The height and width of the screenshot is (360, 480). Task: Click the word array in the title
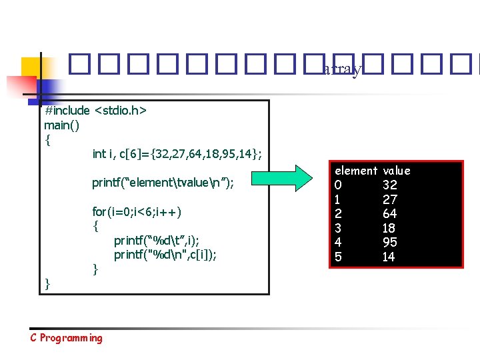(x=343, y=69)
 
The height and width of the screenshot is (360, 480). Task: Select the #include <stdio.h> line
(x=95, y=109)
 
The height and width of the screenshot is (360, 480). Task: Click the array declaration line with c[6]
(x=177, y=154)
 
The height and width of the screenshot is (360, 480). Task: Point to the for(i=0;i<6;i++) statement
(x=137, y=212)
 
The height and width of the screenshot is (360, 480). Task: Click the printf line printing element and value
(x=163, y=183)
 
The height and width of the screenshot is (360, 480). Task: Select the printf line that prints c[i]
(x=165, y=255)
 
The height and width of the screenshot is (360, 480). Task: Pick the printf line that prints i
(x=157, y=240)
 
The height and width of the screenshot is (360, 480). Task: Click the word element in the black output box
(x=356, y=171)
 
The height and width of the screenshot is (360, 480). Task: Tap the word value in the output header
(x=397, y=171)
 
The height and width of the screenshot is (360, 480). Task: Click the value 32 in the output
(x=390, y=185)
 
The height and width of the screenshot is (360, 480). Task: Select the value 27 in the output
(x=390, y=199)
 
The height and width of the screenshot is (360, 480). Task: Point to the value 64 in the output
(x=390, y=214)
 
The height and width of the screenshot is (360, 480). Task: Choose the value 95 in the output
(x=390, y=243)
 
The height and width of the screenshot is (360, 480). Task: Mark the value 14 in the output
(x=390, y=257)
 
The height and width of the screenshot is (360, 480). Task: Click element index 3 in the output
(x=339, y=228)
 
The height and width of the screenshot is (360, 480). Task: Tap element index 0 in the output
(x=339, y=185)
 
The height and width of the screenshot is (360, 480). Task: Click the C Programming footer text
(x=67, y=338)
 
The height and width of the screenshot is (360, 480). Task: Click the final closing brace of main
(x=47, y=284)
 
